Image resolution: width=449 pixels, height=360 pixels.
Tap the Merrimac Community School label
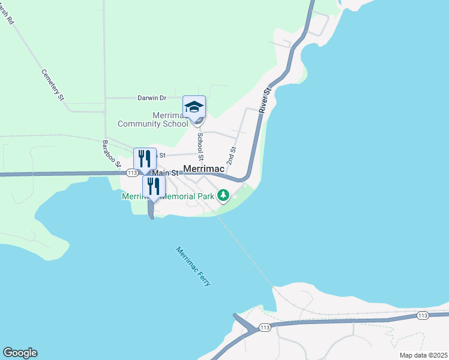tap(152, 119)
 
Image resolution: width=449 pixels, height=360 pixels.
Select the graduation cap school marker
tap(194, 107)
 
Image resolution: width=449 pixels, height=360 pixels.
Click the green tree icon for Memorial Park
tap(223, 195)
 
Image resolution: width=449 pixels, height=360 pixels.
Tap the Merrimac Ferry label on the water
tap(193, 266)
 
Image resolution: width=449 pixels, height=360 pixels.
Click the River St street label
tap(265, 100)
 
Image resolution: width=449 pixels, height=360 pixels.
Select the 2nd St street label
tap(231, 155)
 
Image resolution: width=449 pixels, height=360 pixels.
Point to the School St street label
tap(200, 142)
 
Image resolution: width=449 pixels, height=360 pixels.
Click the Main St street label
tap(166, 173)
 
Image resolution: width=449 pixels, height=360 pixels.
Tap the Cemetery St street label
tap(52, 85)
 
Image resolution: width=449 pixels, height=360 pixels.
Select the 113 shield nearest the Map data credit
tap(422, 316)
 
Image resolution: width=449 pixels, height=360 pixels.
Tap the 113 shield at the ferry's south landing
tap(264, 327)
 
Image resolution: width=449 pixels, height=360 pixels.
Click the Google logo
tap(20, 353)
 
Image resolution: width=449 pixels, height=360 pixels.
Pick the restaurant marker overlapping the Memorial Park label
tap(154, 187)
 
